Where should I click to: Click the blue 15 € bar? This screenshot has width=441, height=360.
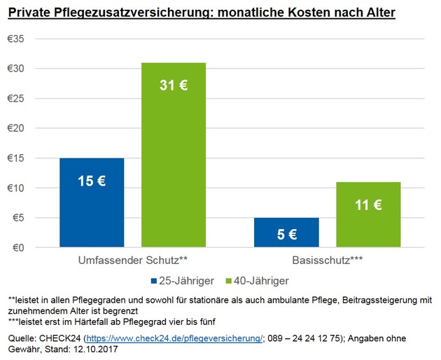click(92, 203)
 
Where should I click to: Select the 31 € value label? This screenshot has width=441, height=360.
click(174, 87)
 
